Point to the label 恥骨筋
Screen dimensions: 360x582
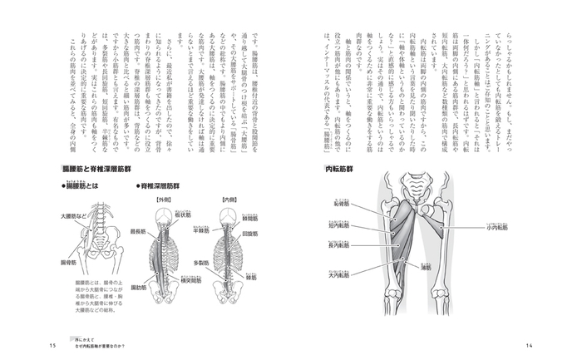(340, 204)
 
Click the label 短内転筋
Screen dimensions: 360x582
(340, 224)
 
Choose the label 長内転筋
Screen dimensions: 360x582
(340, 244)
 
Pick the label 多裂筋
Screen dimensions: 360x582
(197, 261)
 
